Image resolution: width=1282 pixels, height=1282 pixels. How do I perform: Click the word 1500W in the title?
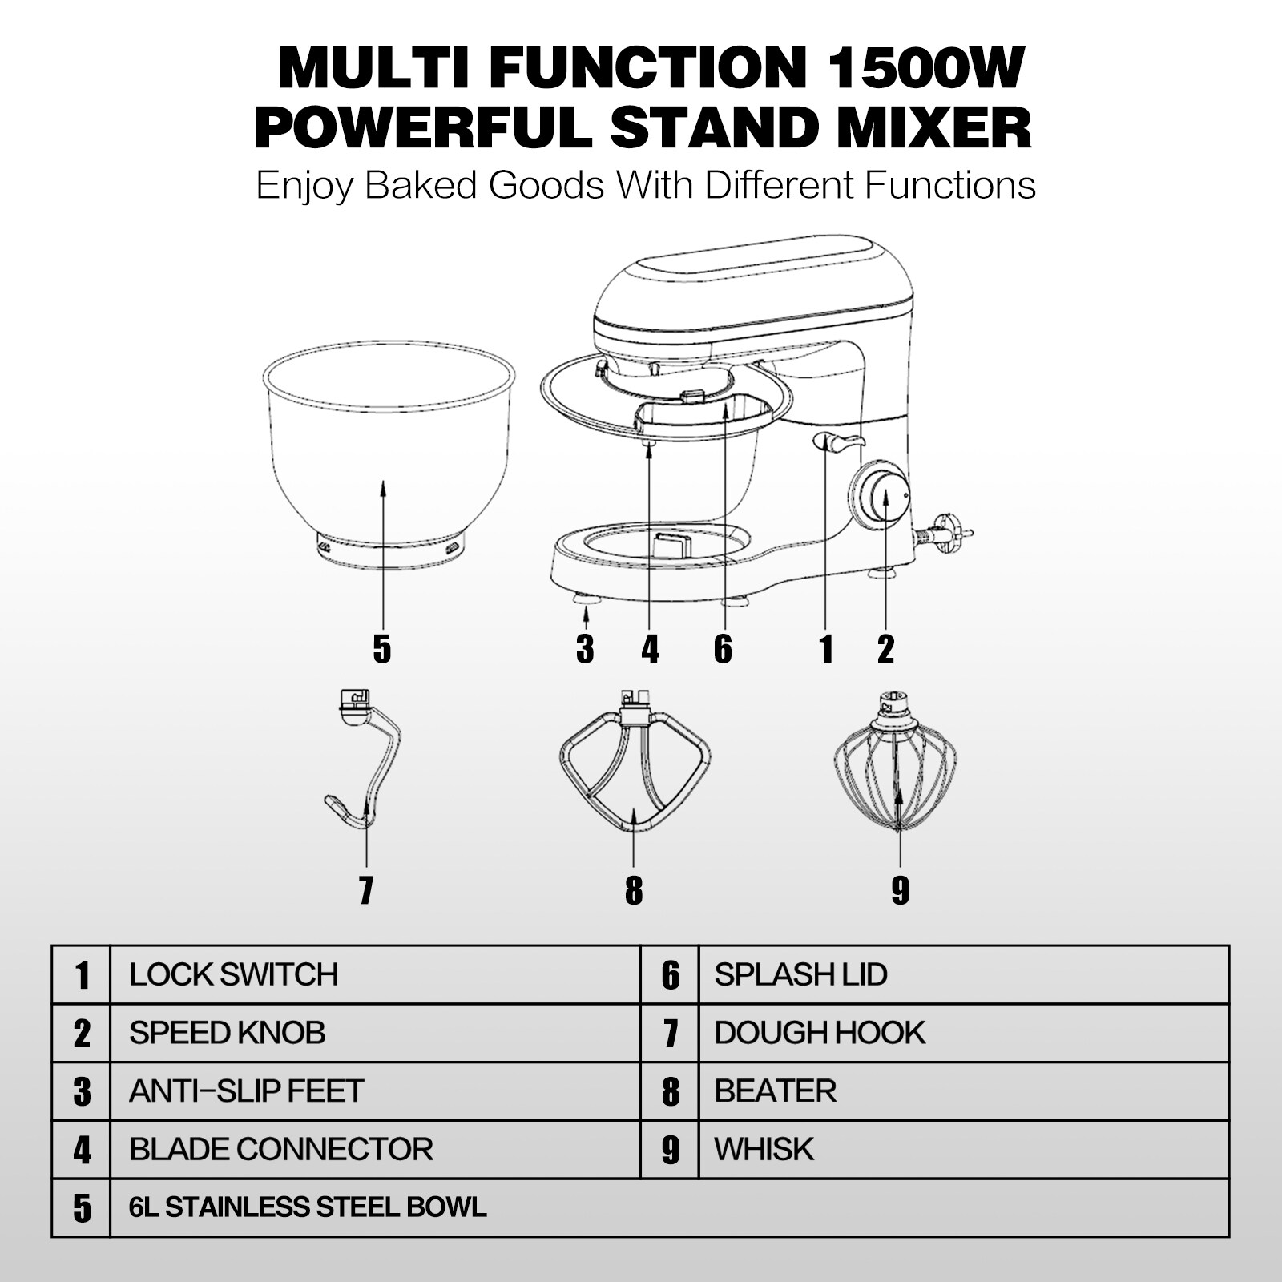(922, 69)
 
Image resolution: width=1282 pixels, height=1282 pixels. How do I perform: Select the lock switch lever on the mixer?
(839, 441)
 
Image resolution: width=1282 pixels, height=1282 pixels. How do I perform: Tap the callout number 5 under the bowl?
(382, 648)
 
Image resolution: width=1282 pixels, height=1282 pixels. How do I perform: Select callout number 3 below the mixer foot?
(585, 648)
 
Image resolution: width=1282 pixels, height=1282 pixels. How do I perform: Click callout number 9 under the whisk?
(901, 889)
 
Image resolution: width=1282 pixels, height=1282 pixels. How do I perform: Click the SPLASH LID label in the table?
(800, 974)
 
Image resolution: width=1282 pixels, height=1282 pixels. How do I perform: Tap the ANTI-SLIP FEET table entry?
(247, 1091)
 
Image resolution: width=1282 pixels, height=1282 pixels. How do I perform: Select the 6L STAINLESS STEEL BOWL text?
(308, 1207)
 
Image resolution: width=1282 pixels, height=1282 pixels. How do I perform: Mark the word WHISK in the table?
(764, 1150)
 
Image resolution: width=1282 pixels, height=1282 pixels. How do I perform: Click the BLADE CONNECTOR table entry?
(281, 1150)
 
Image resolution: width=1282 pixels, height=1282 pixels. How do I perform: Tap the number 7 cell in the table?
(671, 1034)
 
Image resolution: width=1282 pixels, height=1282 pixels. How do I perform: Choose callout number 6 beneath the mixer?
(723, 648)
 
